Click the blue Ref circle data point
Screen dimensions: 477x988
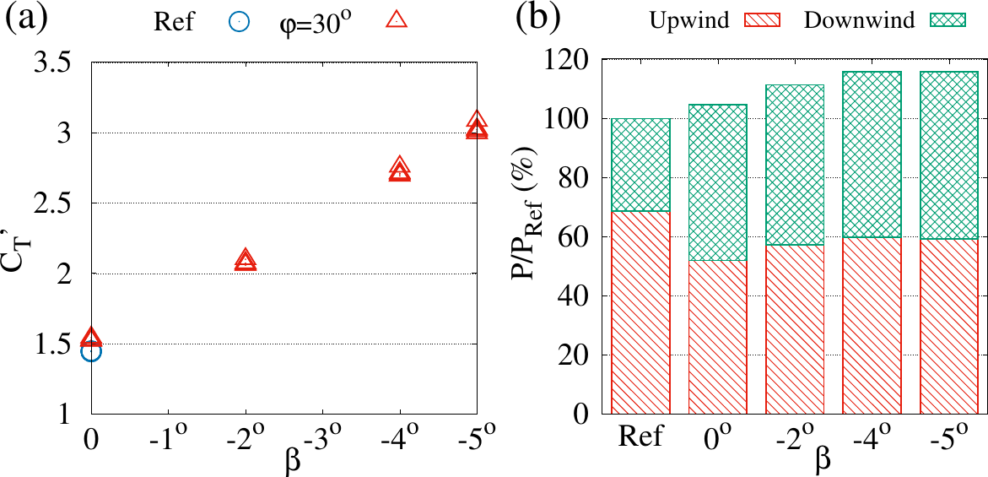pyautogui.click(x=91, y=351)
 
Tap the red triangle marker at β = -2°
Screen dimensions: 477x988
pyautogui.click(x=246, y=261)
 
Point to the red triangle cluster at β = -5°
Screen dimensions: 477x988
pyautogui.click(x=477, y=126)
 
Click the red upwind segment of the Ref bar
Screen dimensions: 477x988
pyautogui.click(x=640, y=312)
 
